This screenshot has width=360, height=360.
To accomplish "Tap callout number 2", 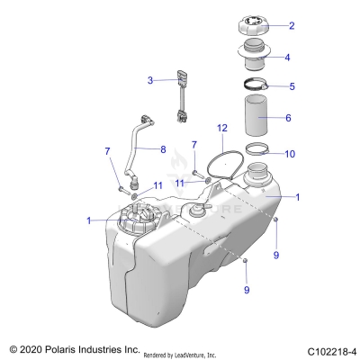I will [x=291, y=26].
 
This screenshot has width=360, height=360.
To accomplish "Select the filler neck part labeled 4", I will [x=256, y=58].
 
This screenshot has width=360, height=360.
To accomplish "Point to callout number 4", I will [x=287, y=57].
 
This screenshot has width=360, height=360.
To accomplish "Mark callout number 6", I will [x=288, y=118].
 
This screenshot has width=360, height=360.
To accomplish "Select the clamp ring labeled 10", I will [x=256, y=151].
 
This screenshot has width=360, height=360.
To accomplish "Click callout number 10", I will [x=289, y=154].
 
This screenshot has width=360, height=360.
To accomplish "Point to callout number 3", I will [x=151, y=81].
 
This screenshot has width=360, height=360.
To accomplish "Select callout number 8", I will [x=163, y=148].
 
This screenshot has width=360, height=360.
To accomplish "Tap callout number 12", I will [x=221, y=130].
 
